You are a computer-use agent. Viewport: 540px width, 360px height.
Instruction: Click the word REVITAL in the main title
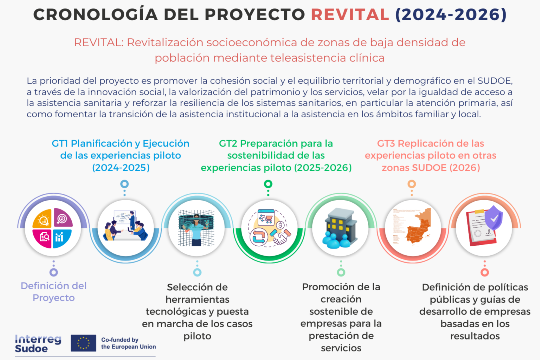350,15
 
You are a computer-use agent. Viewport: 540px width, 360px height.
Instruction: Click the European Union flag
83,343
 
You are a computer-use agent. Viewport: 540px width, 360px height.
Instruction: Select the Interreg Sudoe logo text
38,343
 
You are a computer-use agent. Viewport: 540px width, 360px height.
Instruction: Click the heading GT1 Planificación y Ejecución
121,144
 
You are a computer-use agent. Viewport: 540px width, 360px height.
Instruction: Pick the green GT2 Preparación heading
276,144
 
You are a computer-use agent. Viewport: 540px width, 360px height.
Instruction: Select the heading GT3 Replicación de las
430,144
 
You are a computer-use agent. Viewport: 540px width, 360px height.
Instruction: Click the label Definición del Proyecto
53,292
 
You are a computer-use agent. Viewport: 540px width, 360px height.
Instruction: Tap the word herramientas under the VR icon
197,299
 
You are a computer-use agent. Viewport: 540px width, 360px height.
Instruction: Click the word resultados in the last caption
475,336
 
